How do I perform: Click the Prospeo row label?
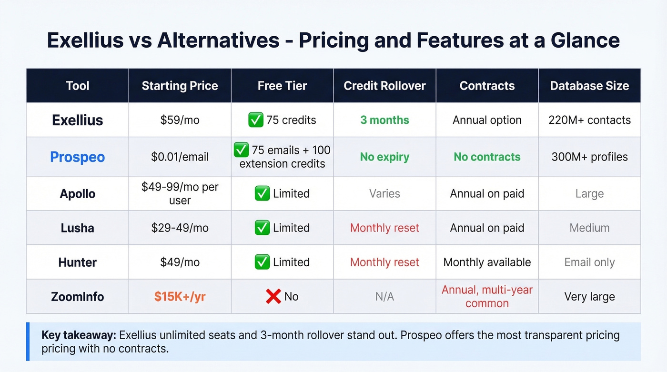click(x=77, y=157)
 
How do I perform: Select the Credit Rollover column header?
click(x=384, y=86)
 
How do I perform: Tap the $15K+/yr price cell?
click(x=180, y=296)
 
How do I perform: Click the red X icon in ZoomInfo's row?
click(x=273, y=296)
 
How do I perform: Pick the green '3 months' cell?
click(x=384, y=120)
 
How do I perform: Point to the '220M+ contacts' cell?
click(x=589, y=120)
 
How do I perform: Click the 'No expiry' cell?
click(x=384, y=157)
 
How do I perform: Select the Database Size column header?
click(x=589, y=86)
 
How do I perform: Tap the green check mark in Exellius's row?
click(x=256, y=120)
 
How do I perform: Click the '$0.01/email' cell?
click(x=180, y=157)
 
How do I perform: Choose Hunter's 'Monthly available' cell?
click(x=487, y=262)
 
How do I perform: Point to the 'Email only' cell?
click(x=589, y=262)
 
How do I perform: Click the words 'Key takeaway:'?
click(x=79, y=335)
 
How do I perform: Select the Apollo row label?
click(x=77, y=194)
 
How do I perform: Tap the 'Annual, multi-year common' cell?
click(x=487, y=296)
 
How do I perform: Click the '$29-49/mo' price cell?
click(x=180, y=228)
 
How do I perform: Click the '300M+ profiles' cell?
click(x=589, y=157)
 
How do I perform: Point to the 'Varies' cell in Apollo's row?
click(x=384, y=194)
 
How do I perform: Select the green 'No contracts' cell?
click(x=487, y=157)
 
